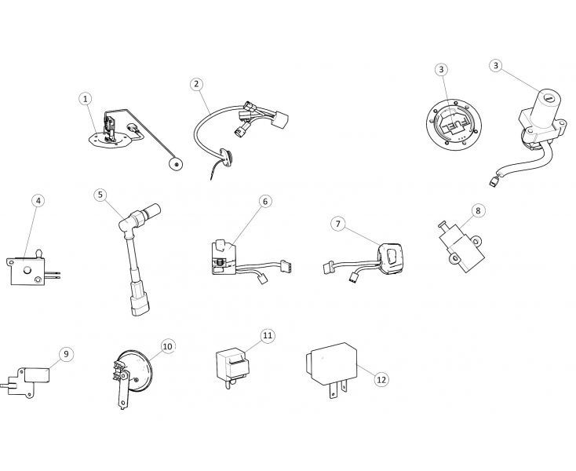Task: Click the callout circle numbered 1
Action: click(x=86, y=99)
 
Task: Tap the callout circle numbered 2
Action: click(x=196, y=84)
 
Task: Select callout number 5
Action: click(x=100, y=195)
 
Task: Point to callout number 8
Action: click(x=478, y=210)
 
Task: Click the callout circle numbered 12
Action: click(x=381, y=379)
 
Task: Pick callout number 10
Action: click(x=167, y=346)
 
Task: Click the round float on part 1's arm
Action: click(x=176, y=164)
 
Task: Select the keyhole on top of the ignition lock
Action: click(x=549, y=98)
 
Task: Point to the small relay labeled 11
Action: click(x=232, y=363)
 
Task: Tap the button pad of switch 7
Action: click(x=392, y=257)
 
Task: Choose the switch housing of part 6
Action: click(x=223, y=257)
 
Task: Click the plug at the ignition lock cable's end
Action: click(x=494, y=182)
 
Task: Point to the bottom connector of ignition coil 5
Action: click(x=140, y=305)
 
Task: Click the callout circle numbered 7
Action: click(x=338, y=224)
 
